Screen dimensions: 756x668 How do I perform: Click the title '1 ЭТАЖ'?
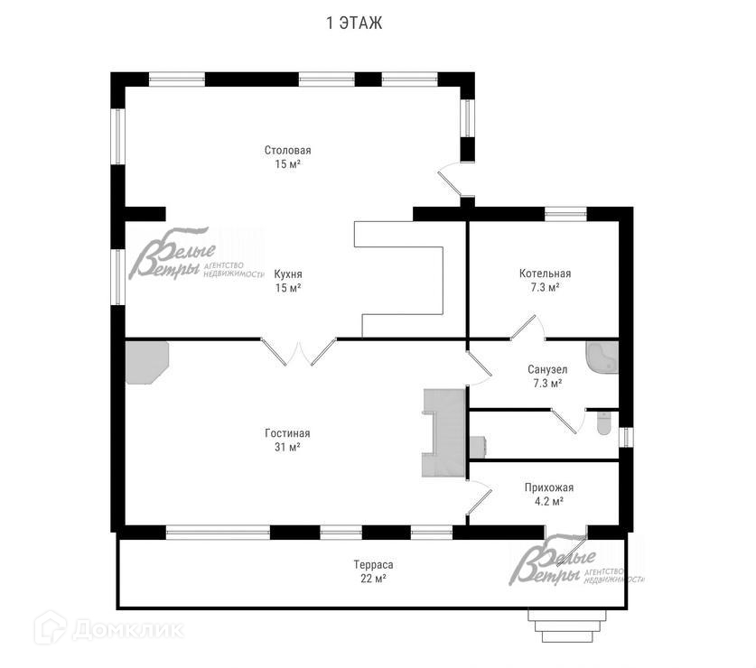[x=354, y=23]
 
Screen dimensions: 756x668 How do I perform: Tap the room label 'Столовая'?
[x=287, y=150]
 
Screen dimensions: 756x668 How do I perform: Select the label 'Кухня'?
[x=287, y=274]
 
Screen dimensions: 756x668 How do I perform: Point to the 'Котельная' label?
[x=545, y=274]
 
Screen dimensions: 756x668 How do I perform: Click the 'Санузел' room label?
[x=547, y=369]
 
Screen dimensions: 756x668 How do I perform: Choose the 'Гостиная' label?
[x=287, y=433]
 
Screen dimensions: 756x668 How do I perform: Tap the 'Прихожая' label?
[x=548, y=487]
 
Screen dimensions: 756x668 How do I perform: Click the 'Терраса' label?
[x=373, y=565]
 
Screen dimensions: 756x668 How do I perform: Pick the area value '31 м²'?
[x=287, y=447]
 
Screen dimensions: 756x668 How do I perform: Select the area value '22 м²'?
[x=373, y=579]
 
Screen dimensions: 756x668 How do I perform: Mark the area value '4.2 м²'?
[x=548, y=502]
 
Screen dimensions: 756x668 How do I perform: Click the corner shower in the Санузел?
[x=602, y=358]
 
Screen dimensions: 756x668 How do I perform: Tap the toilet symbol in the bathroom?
[x=603, y=422]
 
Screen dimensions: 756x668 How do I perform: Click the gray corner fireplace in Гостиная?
[x=144, y=360]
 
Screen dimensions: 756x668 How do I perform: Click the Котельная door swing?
[x=525, y=327]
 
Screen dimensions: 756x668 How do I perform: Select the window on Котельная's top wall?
[x=565, y=213]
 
